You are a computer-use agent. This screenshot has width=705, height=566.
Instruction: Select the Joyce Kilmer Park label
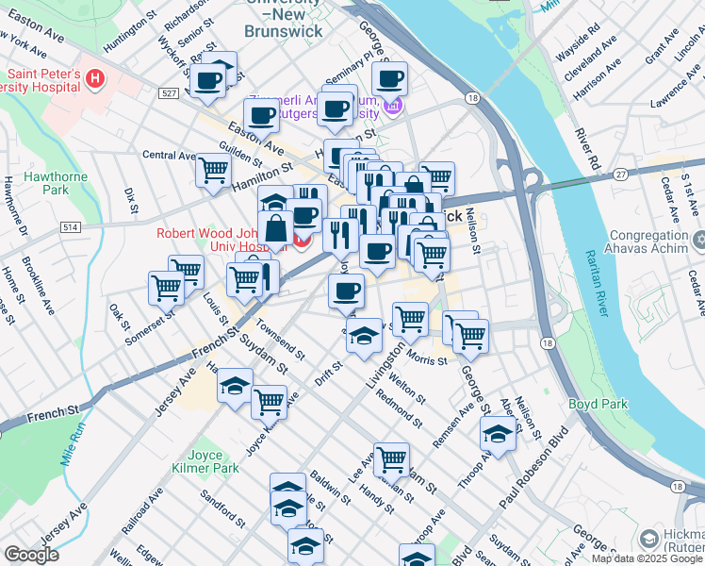(205, 459)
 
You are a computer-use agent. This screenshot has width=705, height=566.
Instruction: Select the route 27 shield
(619, 174)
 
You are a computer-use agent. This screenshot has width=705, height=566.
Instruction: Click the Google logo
(32, 555)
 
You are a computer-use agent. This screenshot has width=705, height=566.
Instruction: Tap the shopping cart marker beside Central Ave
(214, 171)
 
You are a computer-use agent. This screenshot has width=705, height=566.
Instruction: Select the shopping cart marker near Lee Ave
(391, 459)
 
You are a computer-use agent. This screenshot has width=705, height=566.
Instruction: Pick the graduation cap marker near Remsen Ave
(498, 434)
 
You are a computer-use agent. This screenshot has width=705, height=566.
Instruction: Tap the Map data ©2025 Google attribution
(647, 558)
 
